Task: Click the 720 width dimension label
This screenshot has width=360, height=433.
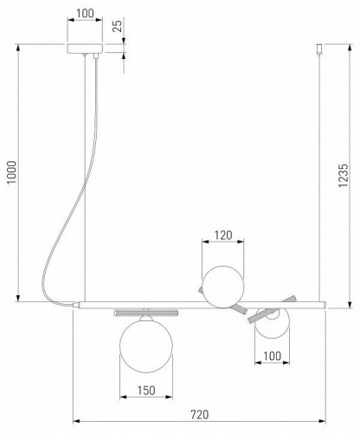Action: tap(199, 415)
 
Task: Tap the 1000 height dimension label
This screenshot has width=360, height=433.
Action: tap(12, 172)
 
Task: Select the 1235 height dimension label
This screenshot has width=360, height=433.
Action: tap(344, 176)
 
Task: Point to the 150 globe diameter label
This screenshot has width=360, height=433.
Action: tap(146, 391)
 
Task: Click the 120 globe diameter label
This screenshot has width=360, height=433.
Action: tap(223, 236)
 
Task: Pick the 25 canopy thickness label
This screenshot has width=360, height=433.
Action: tap(118, 26)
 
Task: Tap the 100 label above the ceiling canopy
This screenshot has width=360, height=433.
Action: tap(85, 13)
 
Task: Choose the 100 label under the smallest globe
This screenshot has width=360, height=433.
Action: tap(272, 356)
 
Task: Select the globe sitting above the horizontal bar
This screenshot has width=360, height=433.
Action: tap(223, 287)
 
